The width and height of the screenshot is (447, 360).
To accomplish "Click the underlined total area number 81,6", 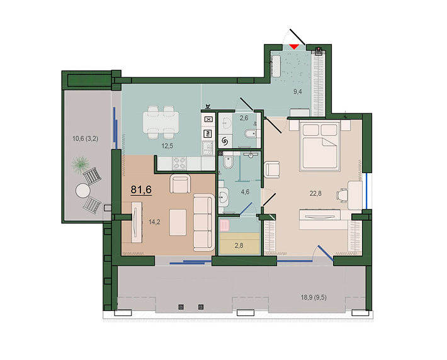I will coord(142,189).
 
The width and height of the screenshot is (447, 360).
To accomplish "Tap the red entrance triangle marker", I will coord(294,47).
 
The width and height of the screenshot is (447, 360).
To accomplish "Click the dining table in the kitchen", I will coord(159,121).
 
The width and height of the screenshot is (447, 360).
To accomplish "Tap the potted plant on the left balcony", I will coord(81,164).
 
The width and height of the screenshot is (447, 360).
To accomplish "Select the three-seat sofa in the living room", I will coord(202,222).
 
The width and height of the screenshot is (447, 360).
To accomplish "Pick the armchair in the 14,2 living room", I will coord(180,184).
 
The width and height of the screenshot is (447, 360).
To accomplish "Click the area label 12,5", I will coord(166,146).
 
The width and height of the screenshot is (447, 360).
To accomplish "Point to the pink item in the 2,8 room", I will coord(226,224).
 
